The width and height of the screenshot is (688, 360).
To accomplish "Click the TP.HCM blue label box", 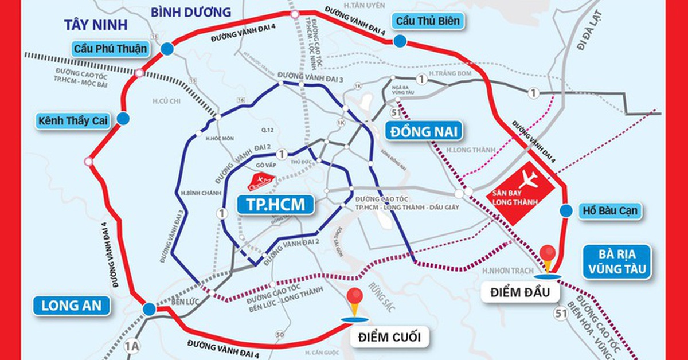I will (275, 205).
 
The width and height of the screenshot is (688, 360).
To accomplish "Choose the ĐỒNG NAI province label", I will (425, 131).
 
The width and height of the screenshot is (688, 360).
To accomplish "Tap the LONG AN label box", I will (71, 306).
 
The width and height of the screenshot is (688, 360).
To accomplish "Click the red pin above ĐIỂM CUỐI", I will (355, 298).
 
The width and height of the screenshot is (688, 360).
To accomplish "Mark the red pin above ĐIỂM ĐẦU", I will (549, 253).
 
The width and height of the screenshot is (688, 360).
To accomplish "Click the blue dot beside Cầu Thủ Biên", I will (400, 41).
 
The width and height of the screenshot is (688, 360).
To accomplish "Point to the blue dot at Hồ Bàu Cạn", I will (566, 211).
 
